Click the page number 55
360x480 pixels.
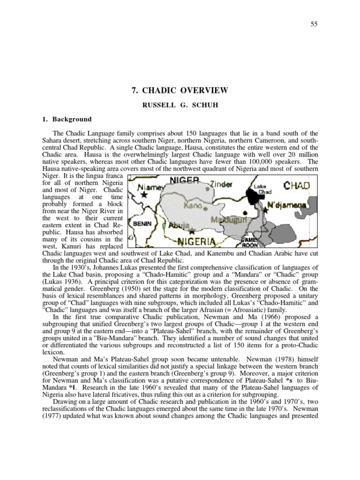point(315,24)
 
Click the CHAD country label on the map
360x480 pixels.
point(296,186)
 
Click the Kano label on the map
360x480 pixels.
point(192,206)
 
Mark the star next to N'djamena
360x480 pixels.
point(265,210)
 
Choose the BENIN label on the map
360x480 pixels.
point(142,224)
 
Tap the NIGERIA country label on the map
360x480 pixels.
point(195,242)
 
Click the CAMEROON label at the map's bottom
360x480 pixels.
point(250,242)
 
